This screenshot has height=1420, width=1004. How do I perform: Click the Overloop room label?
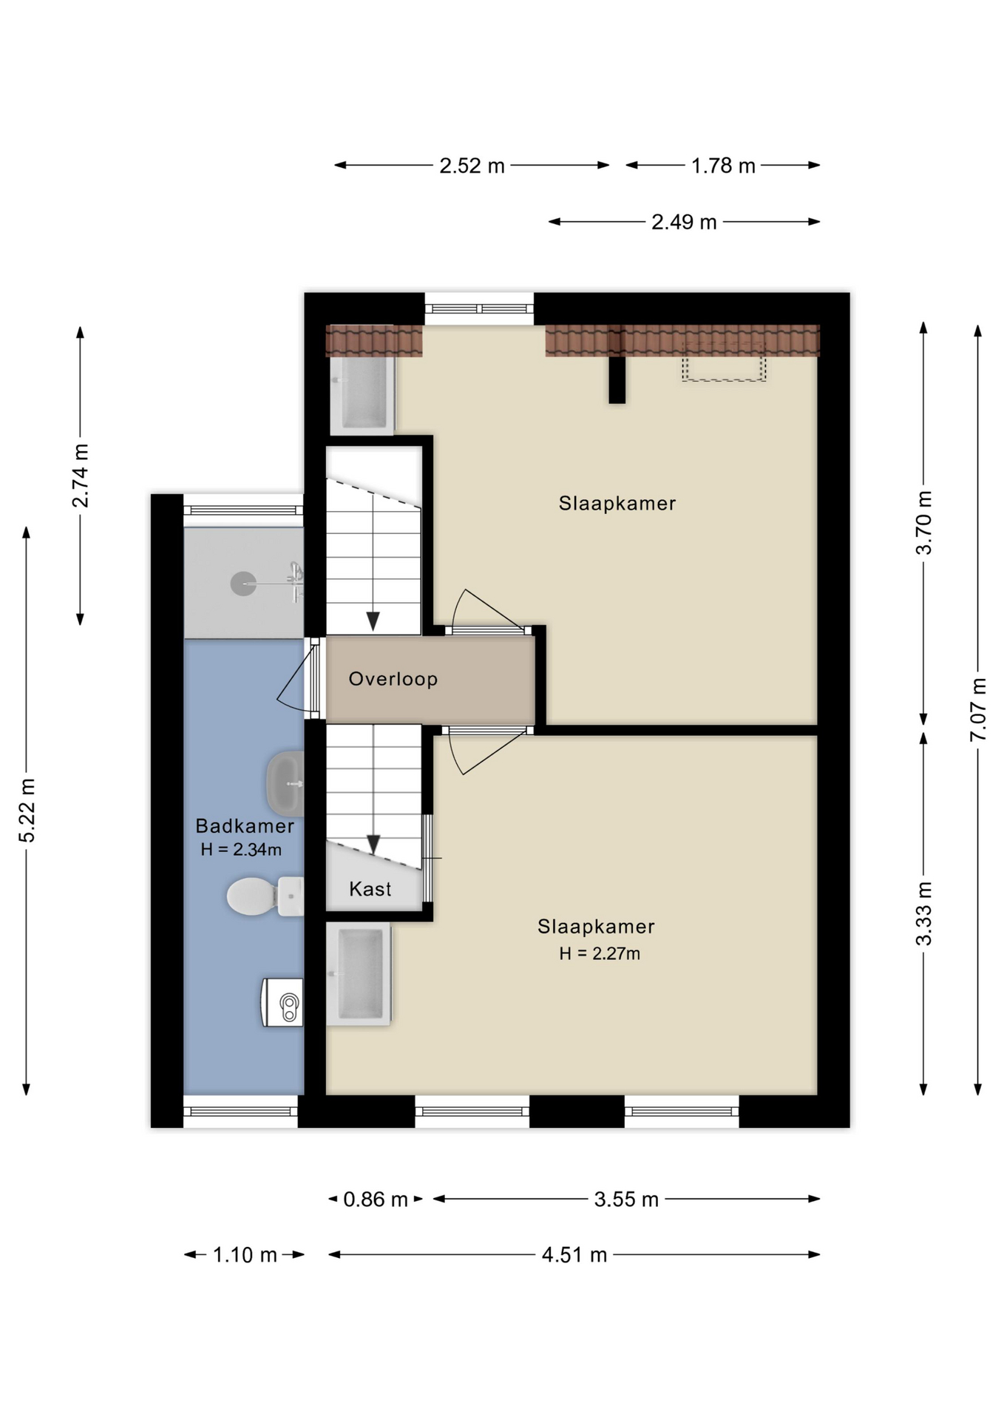(x=393, y=679)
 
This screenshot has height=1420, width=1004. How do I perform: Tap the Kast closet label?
(x=370, y=889)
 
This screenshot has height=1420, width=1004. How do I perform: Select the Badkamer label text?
(x=244, y=826)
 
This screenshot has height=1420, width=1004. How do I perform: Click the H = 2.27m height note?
(x=599, y=954)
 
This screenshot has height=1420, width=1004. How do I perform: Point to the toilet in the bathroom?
(x=262, y=896)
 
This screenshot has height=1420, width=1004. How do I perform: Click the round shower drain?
(x=243, y=584)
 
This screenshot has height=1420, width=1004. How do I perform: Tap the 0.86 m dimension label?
(x=375, y=1199)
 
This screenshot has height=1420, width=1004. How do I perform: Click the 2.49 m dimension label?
(x=684, y=222)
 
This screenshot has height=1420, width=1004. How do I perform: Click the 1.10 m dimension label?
(x=245, y=1255)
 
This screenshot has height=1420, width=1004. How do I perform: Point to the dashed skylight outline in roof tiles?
(x=723, y=362)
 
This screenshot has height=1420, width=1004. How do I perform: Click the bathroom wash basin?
(x=285, y=782)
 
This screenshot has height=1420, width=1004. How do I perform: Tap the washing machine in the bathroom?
(x=283, y=1002)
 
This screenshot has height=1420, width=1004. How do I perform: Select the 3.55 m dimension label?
(x=625, y=1199)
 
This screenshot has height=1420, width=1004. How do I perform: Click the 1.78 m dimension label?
(x=722, y=166)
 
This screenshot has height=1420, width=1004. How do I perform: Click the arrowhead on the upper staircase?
(x=373, y=621)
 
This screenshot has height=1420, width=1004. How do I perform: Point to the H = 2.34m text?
(x=241, y=850)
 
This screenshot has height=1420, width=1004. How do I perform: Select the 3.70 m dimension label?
(x=923, y=522)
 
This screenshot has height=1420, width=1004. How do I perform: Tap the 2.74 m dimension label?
(x=80, y=476)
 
